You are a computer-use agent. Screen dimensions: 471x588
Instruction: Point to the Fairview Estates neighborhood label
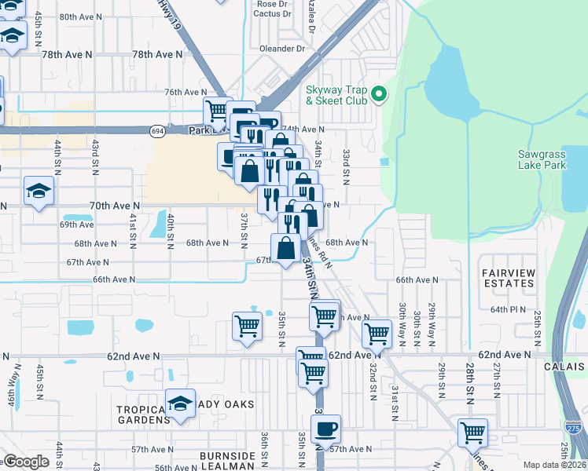pos(509,277)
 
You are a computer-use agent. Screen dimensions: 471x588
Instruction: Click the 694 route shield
pos(158,132)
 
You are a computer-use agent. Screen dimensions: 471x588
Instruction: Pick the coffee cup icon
pos(325,429)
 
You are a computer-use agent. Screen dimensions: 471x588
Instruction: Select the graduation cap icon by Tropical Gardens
pos(180,405)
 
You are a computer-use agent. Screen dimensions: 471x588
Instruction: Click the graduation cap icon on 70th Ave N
pos(38,191)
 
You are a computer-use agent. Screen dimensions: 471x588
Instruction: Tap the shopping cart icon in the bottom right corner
pos(472,432)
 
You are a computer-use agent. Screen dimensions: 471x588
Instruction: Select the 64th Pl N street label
pos(508,310)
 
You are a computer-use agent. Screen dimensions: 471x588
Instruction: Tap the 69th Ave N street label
pos(77,225)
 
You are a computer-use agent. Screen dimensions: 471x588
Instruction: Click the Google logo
pos(25,462)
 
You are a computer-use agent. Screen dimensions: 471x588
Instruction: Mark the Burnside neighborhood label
pos(227,456)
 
